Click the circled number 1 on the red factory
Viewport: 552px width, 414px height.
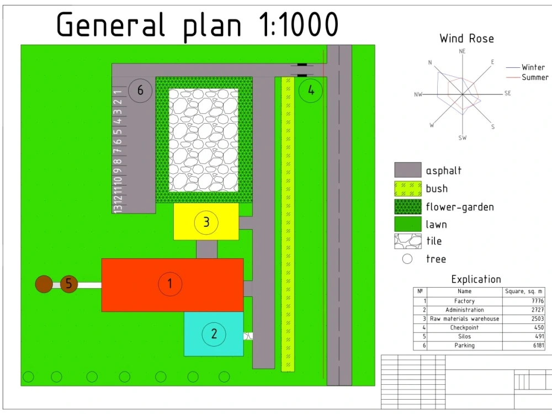(170, 284)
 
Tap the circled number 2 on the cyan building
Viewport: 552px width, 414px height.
(214, 334)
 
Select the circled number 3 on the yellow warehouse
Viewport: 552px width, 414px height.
(206, 222)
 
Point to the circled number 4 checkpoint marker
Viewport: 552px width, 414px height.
(310, 91)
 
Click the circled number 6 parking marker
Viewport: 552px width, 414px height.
(140, 91)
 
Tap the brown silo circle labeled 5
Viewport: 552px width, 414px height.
(69, 284)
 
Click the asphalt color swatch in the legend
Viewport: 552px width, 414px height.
(408, 169)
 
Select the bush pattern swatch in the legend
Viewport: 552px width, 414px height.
(408, 189)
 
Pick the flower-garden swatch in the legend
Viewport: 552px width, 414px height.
(408, 206)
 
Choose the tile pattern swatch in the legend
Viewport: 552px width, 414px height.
(408, 242)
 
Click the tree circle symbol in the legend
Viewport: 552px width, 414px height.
(407, 259)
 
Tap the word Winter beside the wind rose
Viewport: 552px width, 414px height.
(533, 67)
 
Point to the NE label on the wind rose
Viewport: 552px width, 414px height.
(462, 51)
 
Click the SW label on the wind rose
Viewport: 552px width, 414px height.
(463, 137)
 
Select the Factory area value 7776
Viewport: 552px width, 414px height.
(538, 301)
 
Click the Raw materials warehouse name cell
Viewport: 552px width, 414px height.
(464, 319)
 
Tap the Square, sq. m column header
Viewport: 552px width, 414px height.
(523, 291)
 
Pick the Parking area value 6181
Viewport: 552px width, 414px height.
(538, 346)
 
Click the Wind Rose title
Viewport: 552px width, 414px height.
(467, 39)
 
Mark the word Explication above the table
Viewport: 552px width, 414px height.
(476, 279)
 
